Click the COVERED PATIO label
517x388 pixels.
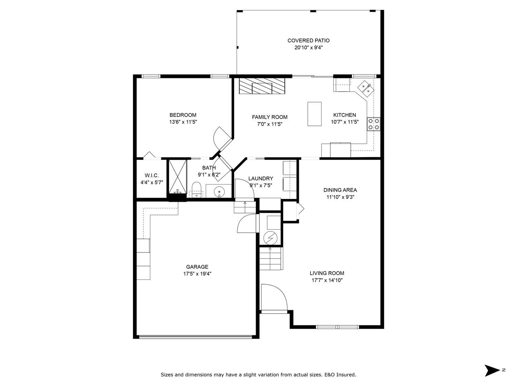click(x=308, y=40)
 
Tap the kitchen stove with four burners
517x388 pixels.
click(x=374, y=124)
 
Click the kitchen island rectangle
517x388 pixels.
click(x=314, y=114)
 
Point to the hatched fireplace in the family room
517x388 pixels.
click(x=262, y=86)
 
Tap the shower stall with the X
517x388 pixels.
click(x=178, y=177)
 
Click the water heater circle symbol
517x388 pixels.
click(x=271, y=238)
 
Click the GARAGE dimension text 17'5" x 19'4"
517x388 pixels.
click(x=197, y=274)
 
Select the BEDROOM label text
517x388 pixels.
click(x=183, y=115)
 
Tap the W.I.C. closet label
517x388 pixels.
click(x=152, y=176)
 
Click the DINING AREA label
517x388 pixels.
click(x=340, y=190)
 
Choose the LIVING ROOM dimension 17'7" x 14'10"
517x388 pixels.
click(x=327, y=280)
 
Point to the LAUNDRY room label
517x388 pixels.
click(x=261, y=179)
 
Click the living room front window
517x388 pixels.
click(x=337, y=327)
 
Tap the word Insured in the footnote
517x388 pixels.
click(x=346, y=375)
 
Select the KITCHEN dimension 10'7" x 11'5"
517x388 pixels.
click(x=345, y=122)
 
